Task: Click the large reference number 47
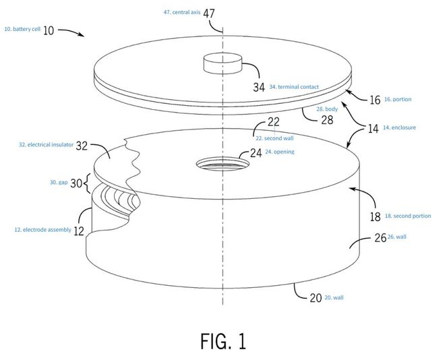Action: click(209, 13)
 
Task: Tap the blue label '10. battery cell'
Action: click(22, 29)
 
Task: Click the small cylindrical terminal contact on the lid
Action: click(222, 63)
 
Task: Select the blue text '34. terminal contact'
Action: click(294, 87)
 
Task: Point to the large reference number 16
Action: click(375, 100)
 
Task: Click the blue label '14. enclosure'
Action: click(399, 127)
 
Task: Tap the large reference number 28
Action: click(327, 120)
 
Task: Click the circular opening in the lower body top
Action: click(222, 164)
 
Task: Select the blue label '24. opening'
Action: click(280, 152)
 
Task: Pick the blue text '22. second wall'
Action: click(274, 138)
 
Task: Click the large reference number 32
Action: click(82, 146)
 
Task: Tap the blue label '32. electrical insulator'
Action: click(47, 145)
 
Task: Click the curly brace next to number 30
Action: click(87, 183)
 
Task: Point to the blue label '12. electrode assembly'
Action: click(43, 230)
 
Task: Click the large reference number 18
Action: click(375, 217)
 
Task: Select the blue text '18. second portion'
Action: click(408, 216)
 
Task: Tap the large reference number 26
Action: click(380, 238)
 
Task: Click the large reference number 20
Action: click(316, 298)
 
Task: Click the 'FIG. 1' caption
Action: click(223, 341)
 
